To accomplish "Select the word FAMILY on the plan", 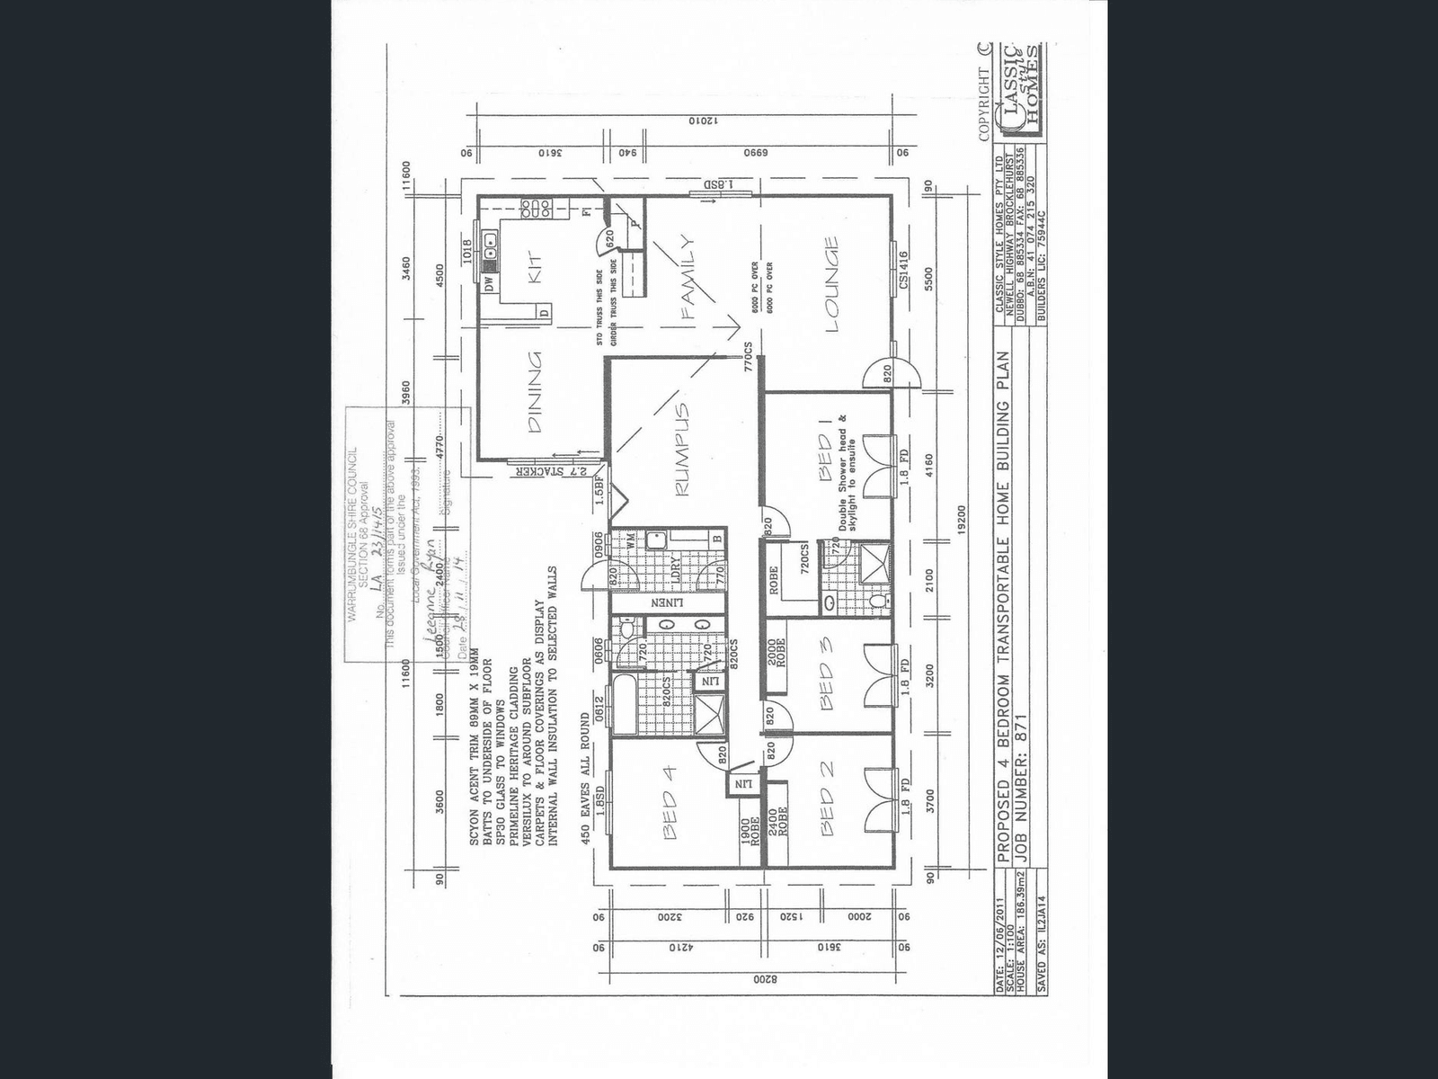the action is (689, 278).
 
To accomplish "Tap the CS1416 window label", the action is (902, 270).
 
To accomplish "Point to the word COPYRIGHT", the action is (983, 103).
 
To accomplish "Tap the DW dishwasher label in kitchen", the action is (489, 284).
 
